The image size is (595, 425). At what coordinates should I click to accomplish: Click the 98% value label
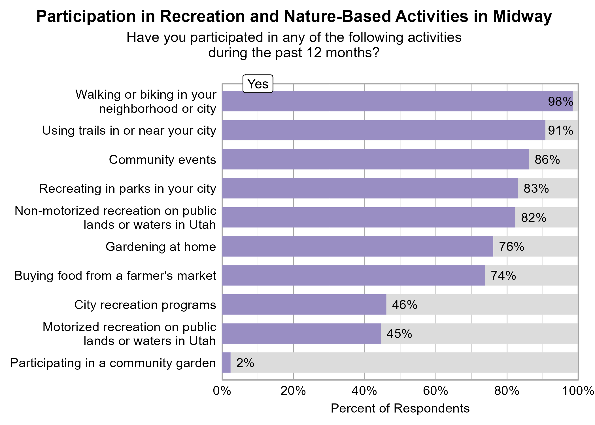[x=560, y=102]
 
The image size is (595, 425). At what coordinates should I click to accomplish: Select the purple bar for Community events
[x=375, y=159]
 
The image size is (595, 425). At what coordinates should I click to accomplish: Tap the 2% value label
[x=245, y=363]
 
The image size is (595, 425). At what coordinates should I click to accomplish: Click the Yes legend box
[x=258, y=84]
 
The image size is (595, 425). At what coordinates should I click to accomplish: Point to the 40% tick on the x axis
[x=364, y=391]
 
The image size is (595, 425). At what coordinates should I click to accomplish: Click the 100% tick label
[x=578, y=391]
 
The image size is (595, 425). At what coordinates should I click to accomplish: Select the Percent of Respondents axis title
[x=400, y=409]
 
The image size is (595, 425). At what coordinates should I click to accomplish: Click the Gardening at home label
[x=161, y=247]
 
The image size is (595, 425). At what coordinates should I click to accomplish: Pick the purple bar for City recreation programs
[x=304, y=305]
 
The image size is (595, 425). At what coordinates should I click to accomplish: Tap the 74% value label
[x=503, y=276]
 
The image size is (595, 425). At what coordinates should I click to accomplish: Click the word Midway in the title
[x=522, y=16]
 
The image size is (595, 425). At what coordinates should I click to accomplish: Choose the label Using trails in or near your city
[x=129, y=131]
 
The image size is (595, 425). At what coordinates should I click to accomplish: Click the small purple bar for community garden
[x=226, y=363]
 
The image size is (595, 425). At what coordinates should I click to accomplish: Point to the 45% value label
[x=399, y=334]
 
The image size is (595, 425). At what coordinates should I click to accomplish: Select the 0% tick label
[x=222, y=391]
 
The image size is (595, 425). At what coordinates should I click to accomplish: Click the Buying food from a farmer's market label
[x=115, y=276]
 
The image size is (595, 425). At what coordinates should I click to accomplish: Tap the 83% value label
[x=536, y=189]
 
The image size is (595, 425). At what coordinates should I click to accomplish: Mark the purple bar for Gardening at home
[x=358, y=246]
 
